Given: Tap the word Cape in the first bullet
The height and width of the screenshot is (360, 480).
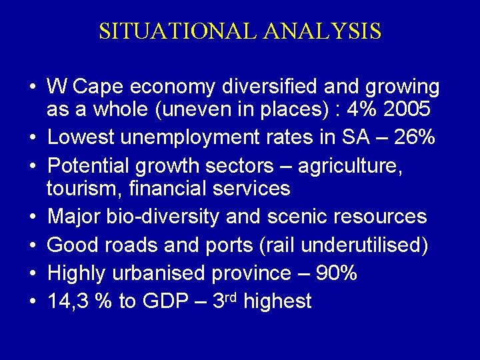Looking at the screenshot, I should click(x=100, y=87).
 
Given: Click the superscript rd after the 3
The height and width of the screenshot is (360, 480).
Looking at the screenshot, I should click(x=230, y=297).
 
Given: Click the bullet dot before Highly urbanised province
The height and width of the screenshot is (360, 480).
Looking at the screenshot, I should click(x=32, y=273).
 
